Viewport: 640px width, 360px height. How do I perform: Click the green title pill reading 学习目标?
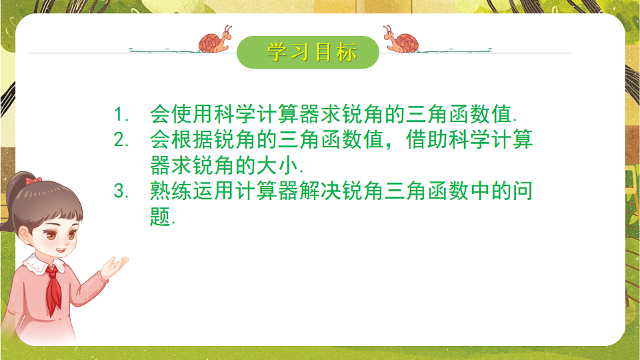[x=308, y=52]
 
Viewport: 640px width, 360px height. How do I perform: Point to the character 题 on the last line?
[x=161, y=216]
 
